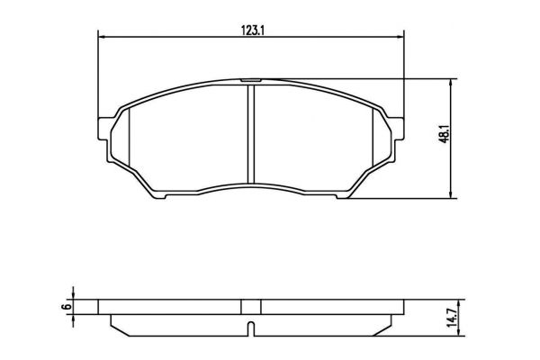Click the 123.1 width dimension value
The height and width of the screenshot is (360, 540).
coord(252,31)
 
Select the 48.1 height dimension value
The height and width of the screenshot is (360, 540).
coord(446,134)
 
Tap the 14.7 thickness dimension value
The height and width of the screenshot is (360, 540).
coord(453,318)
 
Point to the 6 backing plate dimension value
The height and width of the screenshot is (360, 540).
coord(67,306)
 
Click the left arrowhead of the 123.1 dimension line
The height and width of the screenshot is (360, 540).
coord(101,37)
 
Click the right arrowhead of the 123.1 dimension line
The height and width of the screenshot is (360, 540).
coord(401,37)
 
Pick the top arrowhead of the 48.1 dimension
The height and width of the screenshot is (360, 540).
coord(451,82)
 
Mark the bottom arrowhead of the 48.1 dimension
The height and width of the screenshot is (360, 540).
coord(451,195)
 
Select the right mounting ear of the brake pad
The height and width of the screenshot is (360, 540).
coord(398,129)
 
